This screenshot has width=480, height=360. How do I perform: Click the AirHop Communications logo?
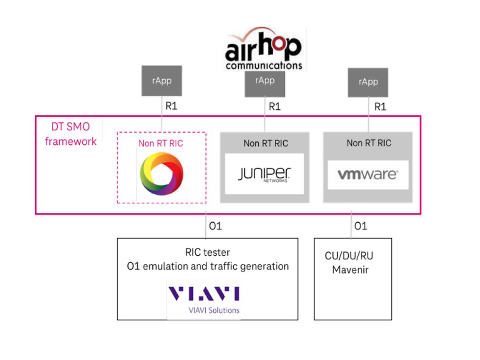[264, 49]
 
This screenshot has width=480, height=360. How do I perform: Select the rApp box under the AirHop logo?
[264, 81]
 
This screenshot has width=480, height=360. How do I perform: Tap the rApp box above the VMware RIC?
[368, 82]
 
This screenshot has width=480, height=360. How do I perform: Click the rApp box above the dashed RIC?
[161, 80]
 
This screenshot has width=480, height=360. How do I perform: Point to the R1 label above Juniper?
[275, 106]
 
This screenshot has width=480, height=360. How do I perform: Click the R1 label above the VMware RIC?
[380, 107]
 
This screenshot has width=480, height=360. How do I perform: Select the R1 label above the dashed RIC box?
[171, 106]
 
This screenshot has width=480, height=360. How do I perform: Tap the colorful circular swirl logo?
[162, 173]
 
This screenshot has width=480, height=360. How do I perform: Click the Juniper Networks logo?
[264, 174]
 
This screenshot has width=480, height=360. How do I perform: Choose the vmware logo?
[367, 174]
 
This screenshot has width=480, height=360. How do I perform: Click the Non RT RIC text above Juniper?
[265, 143]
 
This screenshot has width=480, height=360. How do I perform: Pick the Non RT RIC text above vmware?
[368, 143]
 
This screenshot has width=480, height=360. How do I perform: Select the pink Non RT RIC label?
[161, 143]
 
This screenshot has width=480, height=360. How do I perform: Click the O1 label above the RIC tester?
[215, 226]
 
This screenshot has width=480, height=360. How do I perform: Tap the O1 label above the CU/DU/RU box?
[361, 226]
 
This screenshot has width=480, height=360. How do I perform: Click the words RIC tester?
[208, 252]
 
